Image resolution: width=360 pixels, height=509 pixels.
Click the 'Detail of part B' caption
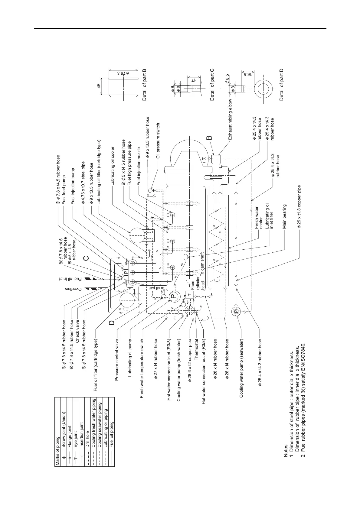coord(144,85)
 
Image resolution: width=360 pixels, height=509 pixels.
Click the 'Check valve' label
coord(77,331)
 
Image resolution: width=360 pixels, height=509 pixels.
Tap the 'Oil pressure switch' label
coord(158,141)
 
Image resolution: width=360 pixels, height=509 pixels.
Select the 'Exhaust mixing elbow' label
coord(231,119)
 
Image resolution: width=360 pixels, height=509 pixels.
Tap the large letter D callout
coord(112,323)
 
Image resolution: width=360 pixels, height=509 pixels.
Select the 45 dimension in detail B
coord(99,86)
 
